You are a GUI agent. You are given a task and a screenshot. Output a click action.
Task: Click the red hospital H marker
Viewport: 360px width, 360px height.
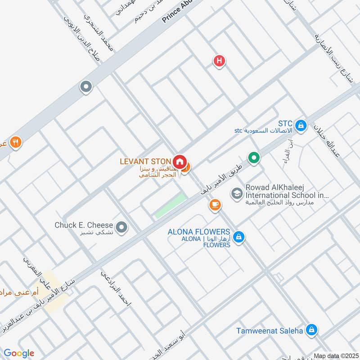219,61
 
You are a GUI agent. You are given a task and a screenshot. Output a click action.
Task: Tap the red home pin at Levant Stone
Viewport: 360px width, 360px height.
180,162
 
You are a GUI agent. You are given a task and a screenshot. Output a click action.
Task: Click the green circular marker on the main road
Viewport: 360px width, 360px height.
254,158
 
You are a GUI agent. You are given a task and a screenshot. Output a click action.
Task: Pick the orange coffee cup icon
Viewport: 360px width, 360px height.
215,205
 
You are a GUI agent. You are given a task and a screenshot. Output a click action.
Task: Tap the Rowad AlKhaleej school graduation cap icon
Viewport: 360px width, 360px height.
236,193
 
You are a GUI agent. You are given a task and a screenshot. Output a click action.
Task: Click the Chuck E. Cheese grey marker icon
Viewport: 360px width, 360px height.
121,228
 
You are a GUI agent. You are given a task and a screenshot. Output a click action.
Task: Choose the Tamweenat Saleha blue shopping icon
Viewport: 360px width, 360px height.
311,331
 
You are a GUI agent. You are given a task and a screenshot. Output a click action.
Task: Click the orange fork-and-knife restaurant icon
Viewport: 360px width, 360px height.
16,142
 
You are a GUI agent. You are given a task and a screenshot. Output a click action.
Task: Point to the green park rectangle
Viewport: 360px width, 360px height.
171,207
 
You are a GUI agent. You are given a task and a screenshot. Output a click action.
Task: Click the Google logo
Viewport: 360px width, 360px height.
19,353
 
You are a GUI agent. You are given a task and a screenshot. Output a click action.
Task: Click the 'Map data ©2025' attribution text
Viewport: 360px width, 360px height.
335,355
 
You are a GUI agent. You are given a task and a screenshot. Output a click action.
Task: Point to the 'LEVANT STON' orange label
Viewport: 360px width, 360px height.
145,161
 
